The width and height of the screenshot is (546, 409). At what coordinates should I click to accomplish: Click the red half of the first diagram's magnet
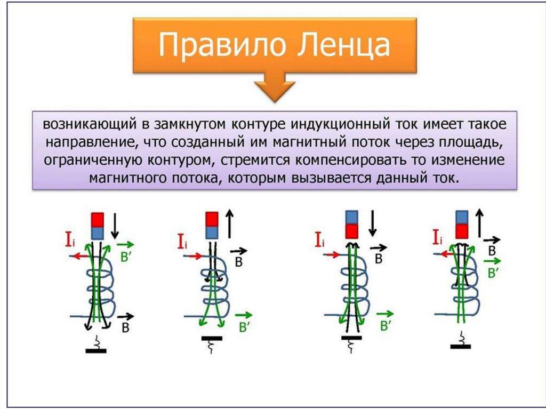98,219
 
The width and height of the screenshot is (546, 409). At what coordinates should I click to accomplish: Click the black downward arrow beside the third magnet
373,223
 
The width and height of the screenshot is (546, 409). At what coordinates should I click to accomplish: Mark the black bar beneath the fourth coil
460,346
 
